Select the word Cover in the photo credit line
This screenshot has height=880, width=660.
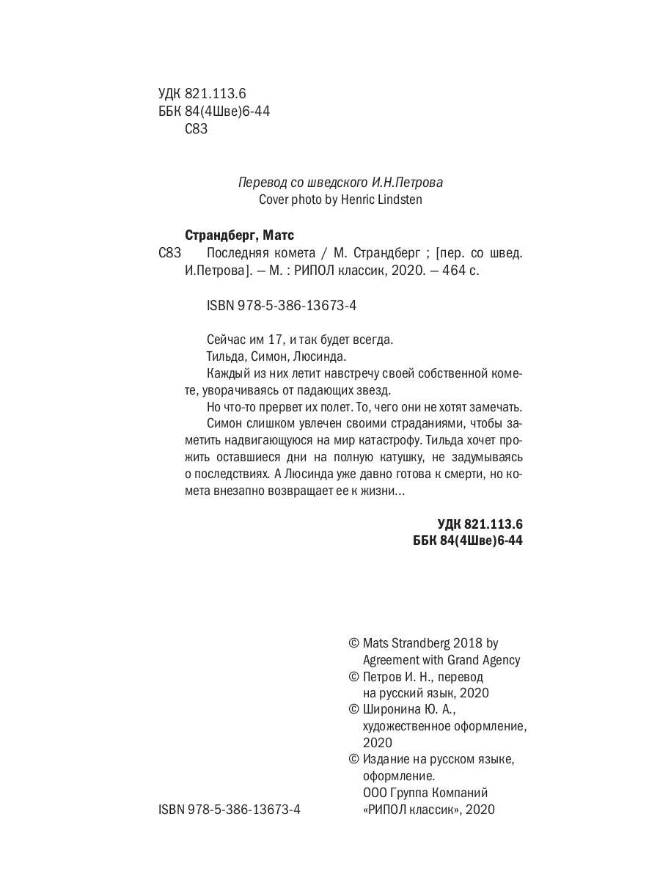pyautogui.click(x=275, y=199)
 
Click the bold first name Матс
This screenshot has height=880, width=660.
pyautogui.click(x=277, y=235)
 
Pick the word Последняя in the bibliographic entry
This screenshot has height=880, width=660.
pyautogui.click(x=237, y=253)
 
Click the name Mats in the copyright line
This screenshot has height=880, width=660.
pyautogui.click(x=378, y=643)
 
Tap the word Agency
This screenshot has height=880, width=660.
pyautogui.click(x=498, y=660)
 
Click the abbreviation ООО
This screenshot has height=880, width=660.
pyautogui.click(x=376, y=793)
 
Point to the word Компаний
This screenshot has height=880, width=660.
pyautogui.click(x=458, y=793)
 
